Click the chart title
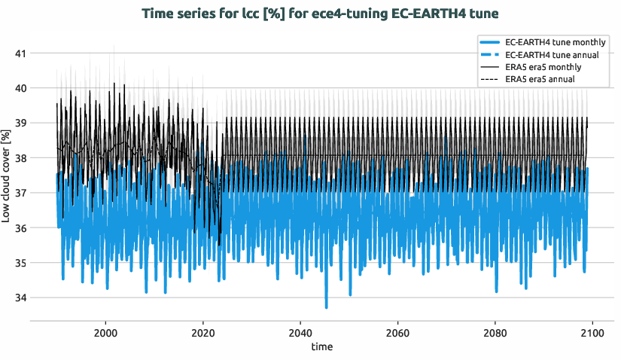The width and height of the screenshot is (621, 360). click(x=320, y=14)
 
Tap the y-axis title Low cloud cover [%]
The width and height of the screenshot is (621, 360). click(x=6, y=175)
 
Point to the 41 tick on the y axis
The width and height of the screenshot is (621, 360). click(x=20, y=53)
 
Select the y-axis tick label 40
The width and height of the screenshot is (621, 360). click(x=20, y=88)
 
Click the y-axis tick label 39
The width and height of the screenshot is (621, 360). click(x=20, y=123)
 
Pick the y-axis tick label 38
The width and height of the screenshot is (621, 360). click(x=20, y=158)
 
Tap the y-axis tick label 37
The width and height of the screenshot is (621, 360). click(x=20, y=193)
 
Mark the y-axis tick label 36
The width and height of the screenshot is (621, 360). click(x=20, y=227)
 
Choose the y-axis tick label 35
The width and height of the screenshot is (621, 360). click(x=20, y=263)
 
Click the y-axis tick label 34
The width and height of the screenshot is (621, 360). click(x=20, y=297)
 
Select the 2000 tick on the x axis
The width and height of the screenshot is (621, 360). click(x=105, y=332)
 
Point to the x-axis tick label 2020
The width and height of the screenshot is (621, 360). click(x=203, y=332)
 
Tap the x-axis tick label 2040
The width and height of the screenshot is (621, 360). click(x=300, y=332)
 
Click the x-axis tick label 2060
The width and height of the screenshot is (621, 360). click(x=397, y=332)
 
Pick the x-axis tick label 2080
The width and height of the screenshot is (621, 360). click(x=495, y=332)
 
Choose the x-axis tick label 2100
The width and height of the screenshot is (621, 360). click(x=592, y=332)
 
